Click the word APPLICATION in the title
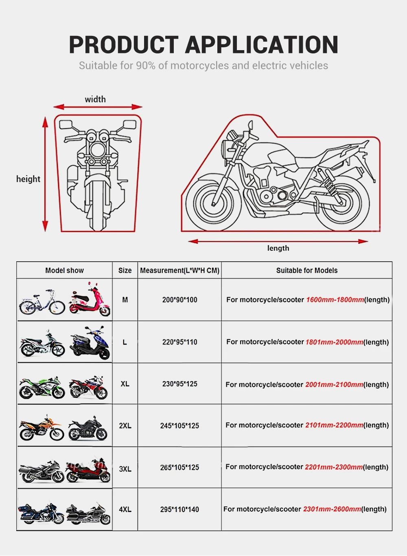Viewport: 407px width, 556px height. [x=262, y=45]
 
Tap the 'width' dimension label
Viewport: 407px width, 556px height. [x=95, y=99]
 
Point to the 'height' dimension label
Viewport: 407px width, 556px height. [x=28, y=179]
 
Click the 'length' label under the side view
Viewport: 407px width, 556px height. [x=278, y=248]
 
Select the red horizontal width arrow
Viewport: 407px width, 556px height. [x=98, y=107]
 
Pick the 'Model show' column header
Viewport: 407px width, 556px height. [x=64, y=270]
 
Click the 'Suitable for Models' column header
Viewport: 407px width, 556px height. [x=306, y=270]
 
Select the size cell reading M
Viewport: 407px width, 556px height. [x=125, y=300]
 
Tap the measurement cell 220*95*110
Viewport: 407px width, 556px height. [x=179, y=342]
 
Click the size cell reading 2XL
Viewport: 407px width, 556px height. [x=125, y=426]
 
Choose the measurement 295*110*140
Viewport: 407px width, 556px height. [x=179, y=509]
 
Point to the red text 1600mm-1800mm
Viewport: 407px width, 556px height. [x=335, y=300]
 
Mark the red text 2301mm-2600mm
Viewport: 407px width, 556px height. [x=332, y=509]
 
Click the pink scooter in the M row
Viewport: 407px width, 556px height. [x=90, y=301]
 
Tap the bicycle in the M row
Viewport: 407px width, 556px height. [x=42, y=302]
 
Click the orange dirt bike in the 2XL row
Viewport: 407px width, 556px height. [x=42, y=428]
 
